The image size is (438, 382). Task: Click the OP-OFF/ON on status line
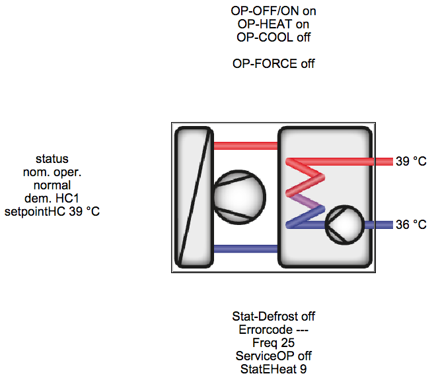(x=274, y=11)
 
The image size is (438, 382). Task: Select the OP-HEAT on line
(x=274, y=24)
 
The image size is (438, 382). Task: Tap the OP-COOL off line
(x=274, y=37)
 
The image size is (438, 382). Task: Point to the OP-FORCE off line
(x=274, y=63)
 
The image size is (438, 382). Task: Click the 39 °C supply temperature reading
(x=411, y=162)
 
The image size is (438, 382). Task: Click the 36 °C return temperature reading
(x=411, y=225)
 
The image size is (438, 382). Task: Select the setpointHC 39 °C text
(x=52, y=212)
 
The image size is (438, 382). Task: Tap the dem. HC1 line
(x=52, y=199)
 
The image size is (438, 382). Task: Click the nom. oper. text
(x=52, y=172)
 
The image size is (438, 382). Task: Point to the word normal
(x=52, y=185)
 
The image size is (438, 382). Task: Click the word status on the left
(x=52, y=159)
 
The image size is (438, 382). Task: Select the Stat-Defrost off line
(x=274, y=317)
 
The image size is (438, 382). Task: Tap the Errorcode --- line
(x=274, y=330)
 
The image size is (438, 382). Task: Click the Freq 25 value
(x=274, y=343)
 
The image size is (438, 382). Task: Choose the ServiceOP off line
(x=274, y=356)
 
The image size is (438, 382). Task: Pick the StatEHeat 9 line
(x=274, y=369)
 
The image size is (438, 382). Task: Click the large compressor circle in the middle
(x=238, y=196)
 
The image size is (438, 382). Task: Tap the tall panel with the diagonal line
(x=194, y=197)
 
